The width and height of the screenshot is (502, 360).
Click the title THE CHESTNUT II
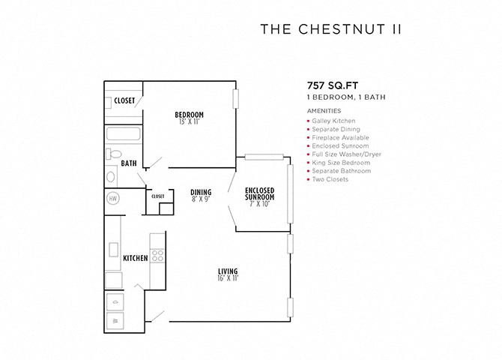tap(330, 29)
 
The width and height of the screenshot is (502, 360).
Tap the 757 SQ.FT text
tap(333, 85)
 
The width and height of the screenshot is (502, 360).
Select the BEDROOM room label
tap(190, 115)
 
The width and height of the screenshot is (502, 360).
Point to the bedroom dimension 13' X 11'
tap(190, 121)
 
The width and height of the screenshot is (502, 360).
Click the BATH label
tap(129, 163)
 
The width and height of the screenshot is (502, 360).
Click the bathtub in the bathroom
tap(124, 134)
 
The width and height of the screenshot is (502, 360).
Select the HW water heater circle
tap(112, 199)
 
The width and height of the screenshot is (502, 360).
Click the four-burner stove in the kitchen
tap(157, 256)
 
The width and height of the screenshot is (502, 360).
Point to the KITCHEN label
tap(136, 258)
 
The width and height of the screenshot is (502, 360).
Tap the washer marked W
tap(115, 320)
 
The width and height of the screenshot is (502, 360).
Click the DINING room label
tap(201, 192)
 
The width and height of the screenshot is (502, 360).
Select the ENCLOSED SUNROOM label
tap(260, 193)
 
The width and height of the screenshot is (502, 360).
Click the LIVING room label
tap(228, 271)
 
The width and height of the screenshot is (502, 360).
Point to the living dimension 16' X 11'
tap(228, 278)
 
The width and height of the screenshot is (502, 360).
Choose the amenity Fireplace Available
tap(340, 137)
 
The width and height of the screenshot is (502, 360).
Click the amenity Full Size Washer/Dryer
tap(346, 154)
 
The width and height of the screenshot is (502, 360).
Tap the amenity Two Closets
tap(330, 179)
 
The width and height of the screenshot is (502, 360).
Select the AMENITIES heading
tap(324, 111)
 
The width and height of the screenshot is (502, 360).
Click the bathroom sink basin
tap(111, 177)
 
